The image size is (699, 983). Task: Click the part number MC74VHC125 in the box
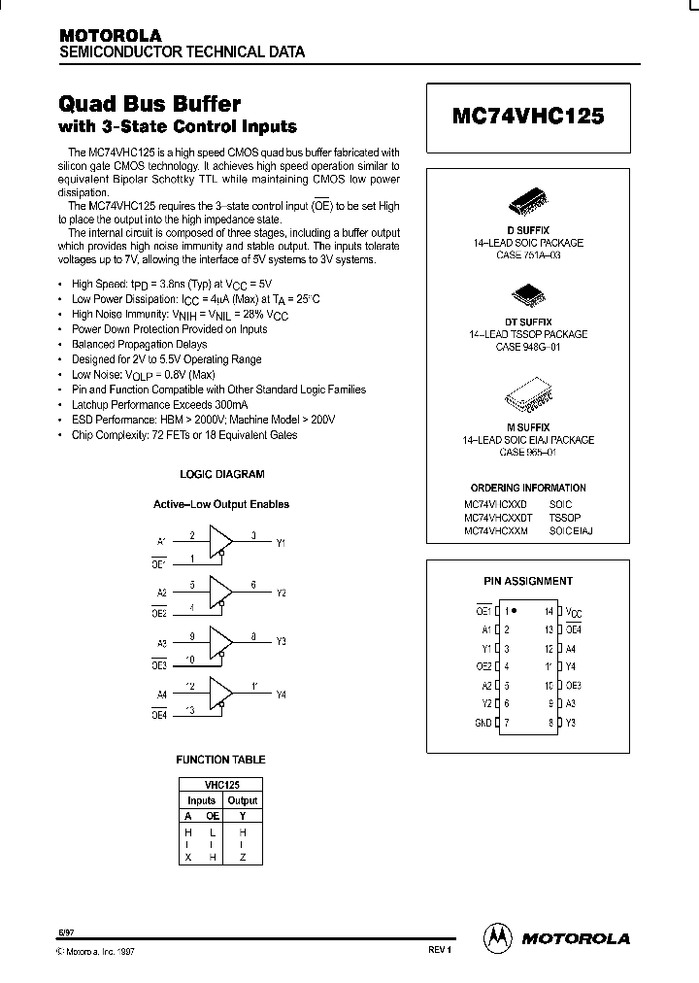click(x=528, y=115)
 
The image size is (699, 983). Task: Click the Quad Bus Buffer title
click(x=150, y=103)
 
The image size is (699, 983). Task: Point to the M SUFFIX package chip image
click(x=528, y=398)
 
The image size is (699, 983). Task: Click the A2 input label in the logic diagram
click(x=161, y=591)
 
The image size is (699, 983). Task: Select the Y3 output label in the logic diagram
click(x=281, y=642)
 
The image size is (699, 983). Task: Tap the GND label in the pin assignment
click(x=483, y=722)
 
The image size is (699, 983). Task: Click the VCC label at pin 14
click(x=575, y=612)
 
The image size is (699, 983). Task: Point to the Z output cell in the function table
click(x=243, y=858)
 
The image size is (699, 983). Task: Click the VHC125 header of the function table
click(x=221, y=784)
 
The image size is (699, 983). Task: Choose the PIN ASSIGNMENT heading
click(x=528, y=581)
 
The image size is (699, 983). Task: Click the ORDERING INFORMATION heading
click(x=528, y=488)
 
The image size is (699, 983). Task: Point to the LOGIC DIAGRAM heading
click(x=222, y=474)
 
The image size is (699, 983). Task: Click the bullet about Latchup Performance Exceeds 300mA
click(x=159, y=404)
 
